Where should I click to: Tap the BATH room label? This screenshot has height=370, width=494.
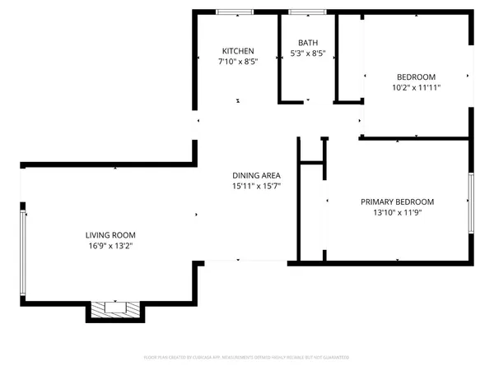tap(308, 43)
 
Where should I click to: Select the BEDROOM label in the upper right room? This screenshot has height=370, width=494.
tap(416, 76)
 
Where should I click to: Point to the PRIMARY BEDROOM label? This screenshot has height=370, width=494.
tap(397, 201)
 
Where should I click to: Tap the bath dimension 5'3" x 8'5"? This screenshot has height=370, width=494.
tap(308, 54)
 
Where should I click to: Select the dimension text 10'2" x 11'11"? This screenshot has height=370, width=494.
tap(416, 87)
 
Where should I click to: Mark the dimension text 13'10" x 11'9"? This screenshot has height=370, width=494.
tap(397, 212)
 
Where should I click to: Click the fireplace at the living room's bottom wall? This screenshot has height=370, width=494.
tap(115, 309)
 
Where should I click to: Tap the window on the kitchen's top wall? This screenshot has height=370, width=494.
tap(235, 13)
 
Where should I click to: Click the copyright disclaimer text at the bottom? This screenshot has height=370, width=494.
tap(247, 358)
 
